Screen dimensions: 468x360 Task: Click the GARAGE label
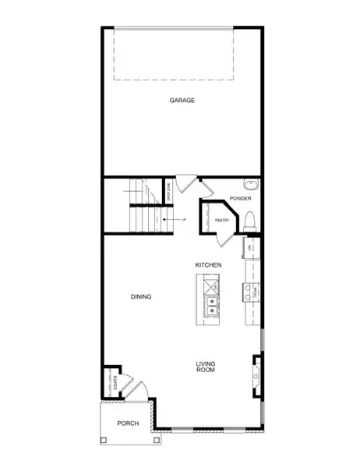pyautogui.click(x=182, y=101)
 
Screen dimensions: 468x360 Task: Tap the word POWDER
pyautogui.click(x=238, y=198)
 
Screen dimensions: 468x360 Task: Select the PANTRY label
pyautogui.click(x=221, y=221)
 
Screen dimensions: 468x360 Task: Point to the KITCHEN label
pyautogui.click(x=209, y=265)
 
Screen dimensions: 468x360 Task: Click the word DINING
pyautogui.click(x=140, y=296)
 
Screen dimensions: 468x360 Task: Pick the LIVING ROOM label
pyautogui.click(x=206, y=367)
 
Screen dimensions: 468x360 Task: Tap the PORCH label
pyautogui.click(x=128, y=424)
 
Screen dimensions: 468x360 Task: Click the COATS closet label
pyautogui.click(x=115, y=383)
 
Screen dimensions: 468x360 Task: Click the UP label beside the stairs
pyautogui.click(x=184, y=220)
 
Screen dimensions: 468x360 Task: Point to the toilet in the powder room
pyautogui.click(x=249, y=219)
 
